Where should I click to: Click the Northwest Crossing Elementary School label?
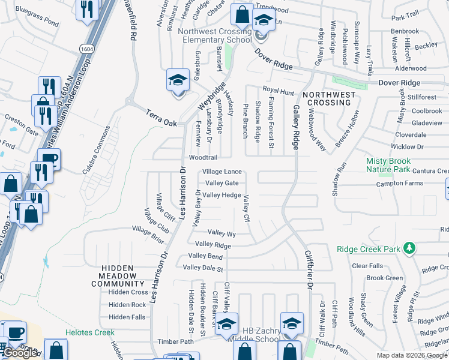coord(217,35)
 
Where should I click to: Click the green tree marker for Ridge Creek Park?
coord(409,248)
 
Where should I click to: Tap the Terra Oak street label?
coord(162,117)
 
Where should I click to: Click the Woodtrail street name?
coord(203,158)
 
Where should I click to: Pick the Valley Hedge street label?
coord(222,195)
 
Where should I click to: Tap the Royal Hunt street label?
coord(278,91)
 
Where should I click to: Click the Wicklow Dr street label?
coord(407,146)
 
